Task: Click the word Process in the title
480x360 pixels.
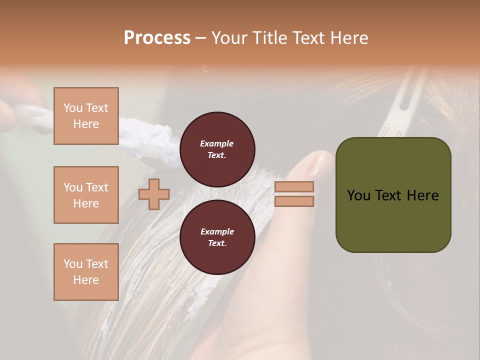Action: [157, 38]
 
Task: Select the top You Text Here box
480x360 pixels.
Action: [86, 116]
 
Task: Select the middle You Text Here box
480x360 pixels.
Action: [86, 195]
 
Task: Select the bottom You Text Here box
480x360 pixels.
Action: [86, 271]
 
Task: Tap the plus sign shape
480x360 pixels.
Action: [154, 194]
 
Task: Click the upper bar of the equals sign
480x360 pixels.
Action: [294, 186]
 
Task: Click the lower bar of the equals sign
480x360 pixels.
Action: [294, 201]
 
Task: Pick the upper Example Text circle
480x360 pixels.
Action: [217, 149]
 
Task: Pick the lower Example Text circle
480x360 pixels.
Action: [217, 237]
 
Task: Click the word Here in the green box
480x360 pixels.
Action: [422, 195]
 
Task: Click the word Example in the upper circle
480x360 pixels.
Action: [217, 143]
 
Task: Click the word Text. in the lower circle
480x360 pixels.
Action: [217, 243]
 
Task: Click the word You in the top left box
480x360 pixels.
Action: [72, 108]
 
